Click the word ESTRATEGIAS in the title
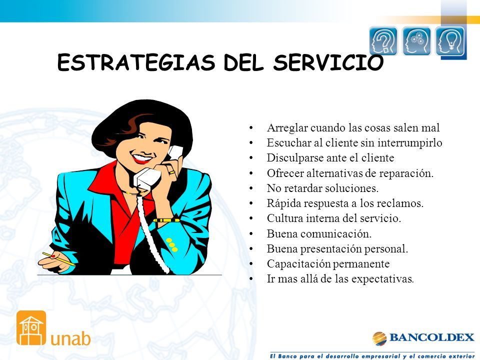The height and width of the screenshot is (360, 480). (136, 62)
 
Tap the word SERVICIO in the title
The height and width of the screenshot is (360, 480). (328, 62)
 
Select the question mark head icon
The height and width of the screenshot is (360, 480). (383, 40)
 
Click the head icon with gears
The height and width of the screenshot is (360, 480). (416, 40)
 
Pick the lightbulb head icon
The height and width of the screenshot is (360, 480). (449, 40)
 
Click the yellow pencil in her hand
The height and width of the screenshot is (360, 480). (58, 259)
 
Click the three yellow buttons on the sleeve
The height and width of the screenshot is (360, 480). (171, 245)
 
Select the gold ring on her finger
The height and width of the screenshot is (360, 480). (171, 172)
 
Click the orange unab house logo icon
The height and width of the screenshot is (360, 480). (31, 328)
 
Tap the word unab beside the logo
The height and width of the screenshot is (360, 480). (70, 338)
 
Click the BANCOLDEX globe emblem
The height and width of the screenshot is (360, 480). (379, 338)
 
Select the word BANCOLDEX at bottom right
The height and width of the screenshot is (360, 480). (431, 337)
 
